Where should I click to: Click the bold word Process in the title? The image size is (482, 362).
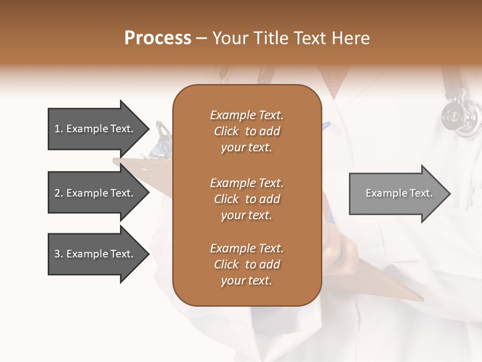[x=158, y=38]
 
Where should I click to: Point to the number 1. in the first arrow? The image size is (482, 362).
[x=59, y=129]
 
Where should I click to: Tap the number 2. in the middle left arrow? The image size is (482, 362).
[x=59, y=193]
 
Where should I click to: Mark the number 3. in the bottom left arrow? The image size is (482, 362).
[x=59, y=254]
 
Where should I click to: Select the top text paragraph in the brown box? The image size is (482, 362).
[x=247, y=131]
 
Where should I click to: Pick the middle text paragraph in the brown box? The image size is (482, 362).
[x=247, y=199]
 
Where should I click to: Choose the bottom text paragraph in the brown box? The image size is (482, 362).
[x=247, y=264]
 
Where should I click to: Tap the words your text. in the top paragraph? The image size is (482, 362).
[x=247, y=148]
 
